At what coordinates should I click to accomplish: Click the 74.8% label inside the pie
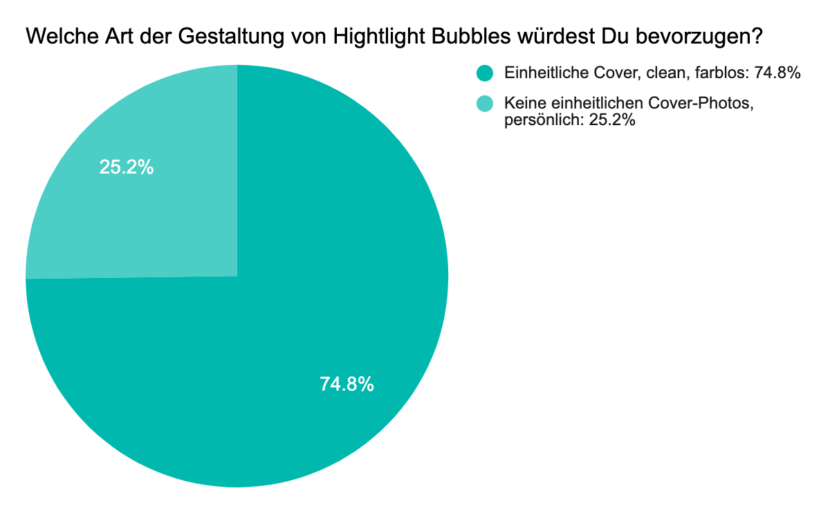[x=347, y=384]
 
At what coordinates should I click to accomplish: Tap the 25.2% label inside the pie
[x=127, y=167]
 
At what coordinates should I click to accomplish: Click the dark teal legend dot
[x=486, y=73]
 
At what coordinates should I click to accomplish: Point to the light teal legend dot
[x=486, y=104]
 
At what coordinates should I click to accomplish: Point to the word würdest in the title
[x=544, y=37]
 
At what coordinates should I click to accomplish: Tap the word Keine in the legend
[x=523, y=104]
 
